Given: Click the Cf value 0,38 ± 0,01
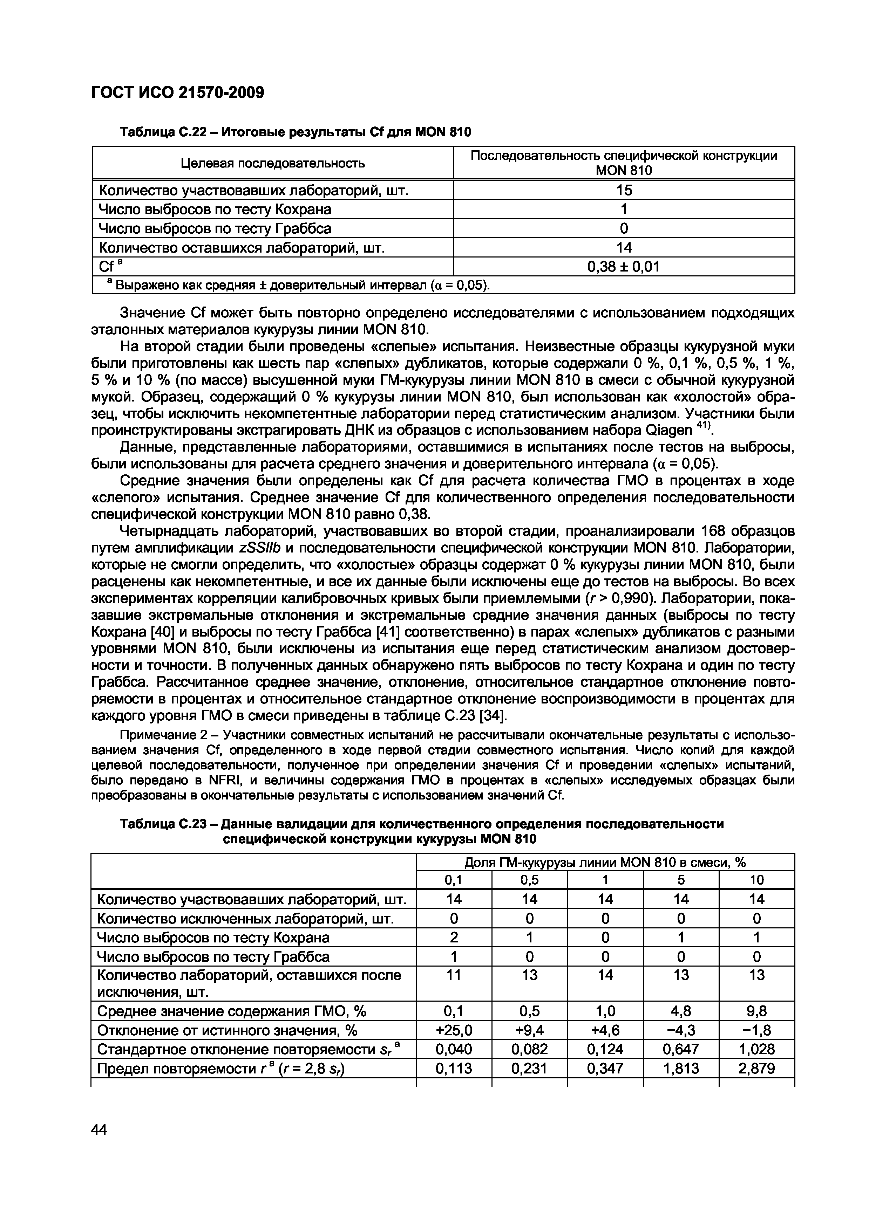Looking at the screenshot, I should (x=623, y=267).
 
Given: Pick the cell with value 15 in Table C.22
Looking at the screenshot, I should (x=623, y=190).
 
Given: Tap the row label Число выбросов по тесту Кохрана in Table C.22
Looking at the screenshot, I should (x=215, y=209).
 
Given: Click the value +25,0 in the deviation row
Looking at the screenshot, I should (x=454, y=1030).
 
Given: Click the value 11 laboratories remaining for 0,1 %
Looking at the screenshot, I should (x=454, y=975).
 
